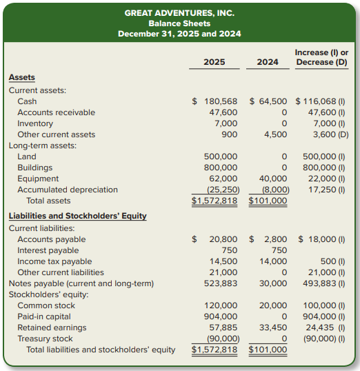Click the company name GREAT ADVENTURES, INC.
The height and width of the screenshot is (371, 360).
pyautogui.click(x=179, y=12)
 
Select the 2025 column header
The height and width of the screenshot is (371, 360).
pyautogui.click(x=214, y=62)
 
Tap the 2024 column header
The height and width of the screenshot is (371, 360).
pyautogui.click(x=268, y=62)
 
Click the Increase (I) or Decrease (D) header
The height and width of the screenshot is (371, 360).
pyautogui.click(x=321, y=57)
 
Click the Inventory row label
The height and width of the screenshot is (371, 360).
pyautogui.click(x=35, y=123)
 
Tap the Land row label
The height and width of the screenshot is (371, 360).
pyautogui.click(x=26, y=157)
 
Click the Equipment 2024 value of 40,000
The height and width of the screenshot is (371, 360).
pyautogui.click(x=273, y=179)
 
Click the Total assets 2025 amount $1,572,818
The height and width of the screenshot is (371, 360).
pyautogui.click(x=214, y=201)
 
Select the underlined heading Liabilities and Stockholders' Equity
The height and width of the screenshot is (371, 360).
pyautogui.click(x=77, y=216)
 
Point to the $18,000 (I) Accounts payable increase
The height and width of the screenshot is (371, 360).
pyautogui.click(x=323, y=239)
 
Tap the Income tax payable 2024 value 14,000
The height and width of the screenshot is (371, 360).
pyautogui.click(x=273, y=261)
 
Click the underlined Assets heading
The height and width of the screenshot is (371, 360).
pyautogui.click(x=21, y=78)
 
